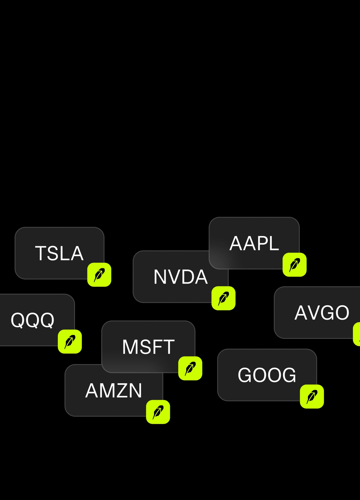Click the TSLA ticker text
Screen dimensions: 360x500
coord(59,253)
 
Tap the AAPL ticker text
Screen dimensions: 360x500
coord(254,243)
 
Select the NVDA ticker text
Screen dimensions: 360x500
coord(181,277)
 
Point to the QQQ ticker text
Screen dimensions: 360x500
coord(32,320)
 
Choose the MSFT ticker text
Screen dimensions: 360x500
coord(148,347)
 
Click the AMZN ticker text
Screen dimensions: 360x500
coord(114,390)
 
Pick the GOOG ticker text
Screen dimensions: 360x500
coord(267,375)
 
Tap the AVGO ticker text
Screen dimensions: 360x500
coord(322,313)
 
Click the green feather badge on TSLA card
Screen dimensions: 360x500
coord(99,275)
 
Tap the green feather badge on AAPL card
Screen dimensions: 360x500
coord(294,265)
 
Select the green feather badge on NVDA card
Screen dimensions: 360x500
coord(223,298)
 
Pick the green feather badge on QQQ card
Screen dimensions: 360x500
coord(70,341)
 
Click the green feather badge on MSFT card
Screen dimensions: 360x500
coord(190,368)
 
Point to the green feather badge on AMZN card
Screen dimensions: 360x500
coord(158,412)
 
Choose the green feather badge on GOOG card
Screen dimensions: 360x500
coord(312,397)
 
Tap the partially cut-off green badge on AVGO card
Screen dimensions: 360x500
coord(357,334)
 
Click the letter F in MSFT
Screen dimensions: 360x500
coord(157,347)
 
